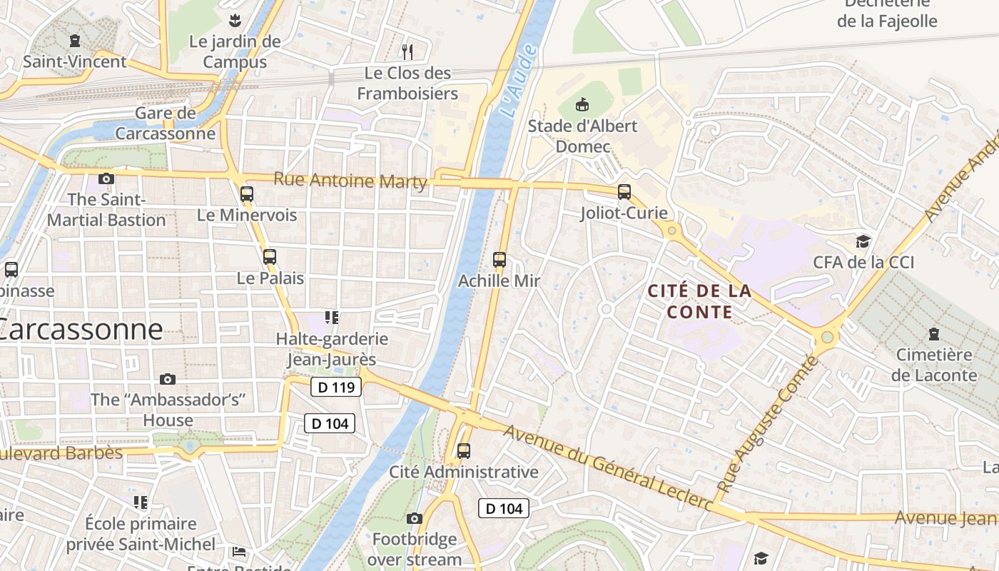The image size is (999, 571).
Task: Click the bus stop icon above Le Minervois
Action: [x=247, y=193]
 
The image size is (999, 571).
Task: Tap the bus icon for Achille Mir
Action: [x=499, y=260]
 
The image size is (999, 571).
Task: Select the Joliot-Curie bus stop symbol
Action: [x=624, y=192]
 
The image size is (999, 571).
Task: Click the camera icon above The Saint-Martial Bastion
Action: [x=106, y=178]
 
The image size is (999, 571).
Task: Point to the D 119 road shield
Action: [x=337, y=388]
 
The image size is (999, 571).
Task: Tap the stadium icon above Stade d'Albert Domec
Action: [x=583, y=105]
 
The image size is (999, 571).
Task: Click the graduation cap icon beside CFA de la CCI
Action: [x=863, y=241]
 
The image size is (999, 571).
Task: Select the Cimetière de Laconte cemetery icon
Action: [x=933, y=333]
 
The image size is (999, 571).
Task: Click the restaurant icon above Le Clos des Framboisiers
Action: [x=407, y=51]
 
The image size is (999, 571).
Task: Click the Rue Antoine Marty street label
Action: [x=350, y=180]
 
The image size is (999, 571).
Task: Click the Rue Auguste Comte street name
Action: [x=767, y=425]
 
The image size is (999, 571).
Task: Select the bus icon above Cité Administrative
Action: [x=464, y=451]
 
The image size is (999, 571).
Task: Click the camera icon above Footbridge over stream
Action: [x=415, y=518]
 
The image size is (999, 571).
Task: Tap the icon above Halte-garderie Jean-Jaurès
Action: [x=332, y=317]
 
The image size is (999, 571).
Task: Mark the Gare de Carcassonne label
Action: [x=165, y=123]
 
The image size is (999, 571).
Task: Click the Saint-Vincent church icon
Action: [x=75, y=41]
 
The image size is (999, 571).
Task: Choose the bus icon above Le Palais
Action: [x=270, y=257]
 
